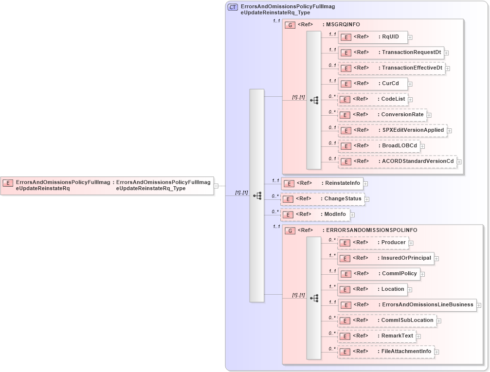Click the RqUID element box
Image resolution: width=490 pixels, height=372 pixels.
click(x=373, y=36)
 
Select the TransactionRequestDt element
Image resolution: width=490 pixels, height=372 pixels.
click(x=390, y=53)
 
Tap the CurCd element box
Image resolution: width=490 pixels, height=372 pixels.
click(x=373, y=84)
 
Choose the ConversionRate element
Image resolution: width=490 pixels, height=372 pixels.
click(x=382, y=115)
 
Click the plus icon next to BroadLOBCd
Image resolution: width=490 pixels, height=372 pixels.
click(x=422, y=146)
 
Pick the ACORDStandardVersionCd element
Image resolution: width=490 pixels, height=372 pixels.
click(x=397, y=161)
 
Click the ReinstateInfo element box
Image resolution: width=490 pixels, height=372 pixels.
click(x=323, y=183)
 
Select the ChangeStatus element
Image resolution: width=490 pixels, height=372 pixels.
click(x=322, y=199)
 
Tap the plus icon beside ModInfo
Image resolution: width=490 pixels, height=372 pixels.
click(x=353, y=214)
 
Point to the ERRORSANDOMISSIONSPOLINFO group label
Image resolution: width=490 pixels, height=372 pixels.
click(x=369, y=230)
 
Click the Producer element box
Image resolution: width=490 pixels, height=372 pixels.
click(x=373, y=242)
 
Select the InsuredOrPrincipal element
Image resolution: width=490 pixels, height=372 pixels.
click(x=385, y=258)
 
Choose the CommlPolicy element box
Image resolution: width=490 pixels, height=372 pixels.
click(x=379, y=274)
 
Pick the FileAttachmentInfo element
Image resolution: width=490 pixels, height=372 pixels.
click(x=385, y=352)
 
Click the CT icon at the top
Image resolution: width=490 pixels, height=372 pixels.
click(x=233, y=7)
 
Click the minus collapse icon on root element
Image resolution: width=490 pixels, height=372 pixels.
click(x=216, y=185)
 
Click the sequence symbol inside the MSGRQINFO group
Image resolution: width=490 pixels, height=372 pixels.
click(x=314, y=100)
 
